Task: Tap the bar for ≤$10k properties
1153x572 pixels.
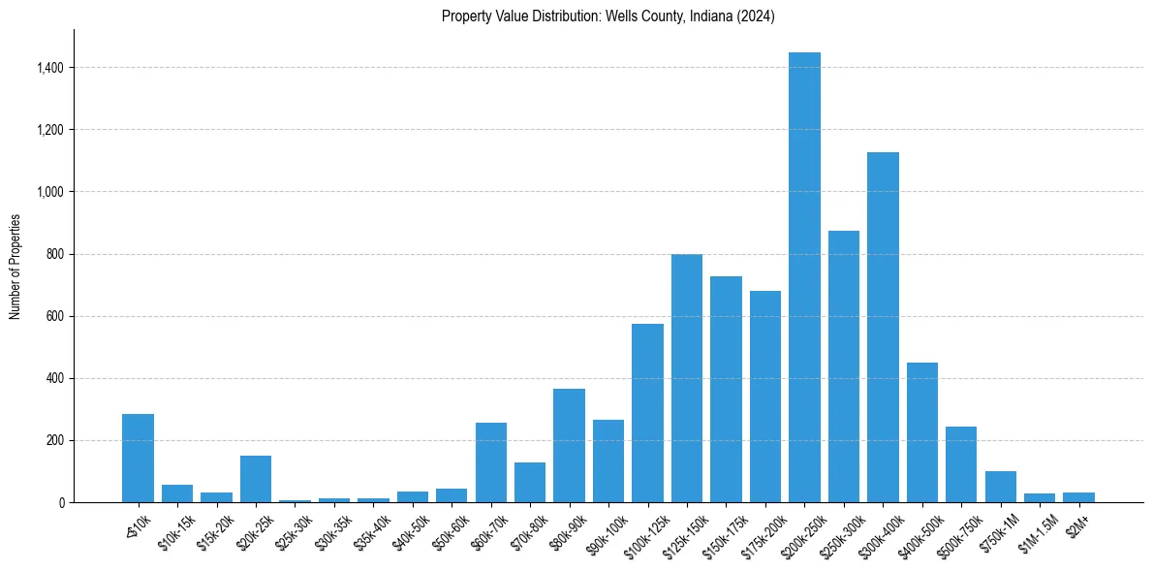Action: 138,459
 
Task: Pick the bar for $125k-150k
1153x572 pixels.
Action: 687,378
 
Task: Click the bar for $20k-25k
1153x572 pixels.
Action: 256,479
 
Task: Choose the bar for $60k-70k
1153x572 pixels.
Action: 491,462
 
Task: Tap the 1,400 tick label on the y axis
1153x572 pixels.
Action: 49,68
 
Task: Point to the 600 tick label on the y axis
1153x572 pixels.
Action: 54,316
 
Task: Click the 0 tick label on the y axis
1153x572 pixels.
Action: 60,502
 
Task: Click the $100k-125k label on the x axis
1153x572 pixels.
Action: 642,533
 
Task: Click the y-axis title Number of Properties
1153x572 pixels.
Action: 16,266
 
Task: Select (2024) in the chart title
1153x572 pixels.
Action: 756,16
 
